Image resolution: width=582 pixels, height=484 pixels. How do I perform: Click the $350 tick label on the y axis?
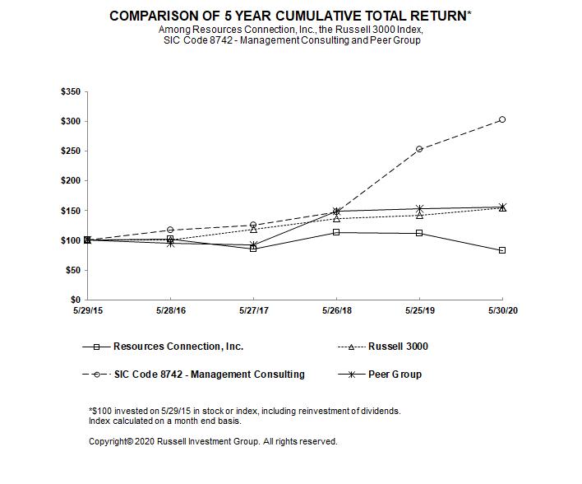point(71,91)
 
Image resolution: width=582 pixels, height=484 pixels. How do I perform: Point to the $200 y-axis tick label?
point(71,181)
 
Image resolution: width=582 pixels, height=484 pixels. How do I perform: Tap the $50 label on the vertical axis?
point(72,270)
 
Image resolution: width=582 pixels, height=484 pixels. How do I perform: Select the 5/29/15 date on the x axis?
point(87,310)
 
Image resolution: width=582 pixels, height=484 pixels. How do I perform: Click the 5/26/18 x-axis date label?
point(336,310)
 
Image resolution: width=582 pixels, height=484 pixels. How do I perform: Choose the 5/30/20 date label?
point(502,310)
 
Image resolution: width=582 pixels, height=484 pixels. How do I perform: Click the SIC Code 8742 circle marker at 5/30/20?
point(502,119)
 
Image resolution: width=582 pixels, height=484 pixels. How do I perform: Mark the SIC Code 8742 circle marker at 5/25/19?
point(419,149)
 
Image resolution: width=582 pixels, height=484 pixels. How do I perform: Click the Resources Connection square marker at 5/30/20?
point(502,250)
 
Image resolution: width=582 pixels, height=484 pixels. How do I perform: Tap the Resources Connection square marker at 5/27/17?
point(253,248)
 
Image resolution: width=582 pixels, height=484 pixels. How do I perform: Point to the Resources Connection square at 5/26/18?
point(336,232)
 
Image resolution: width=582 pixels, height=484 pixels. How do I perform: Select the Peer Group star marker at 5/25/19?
point(419,209)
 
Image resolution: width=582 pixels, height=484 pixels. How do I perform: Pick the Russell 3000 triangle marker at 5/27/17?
point(253,230)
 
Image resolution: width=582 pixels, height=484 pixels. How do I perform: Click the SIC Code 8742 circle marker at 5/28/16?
point(170,230)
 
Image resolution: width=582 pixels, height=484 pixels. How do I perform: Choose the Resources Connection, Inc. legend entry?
point(178,347)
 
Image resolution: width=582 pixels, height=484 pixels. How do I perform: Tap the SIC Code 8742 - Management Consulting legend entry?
point(208,375)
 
